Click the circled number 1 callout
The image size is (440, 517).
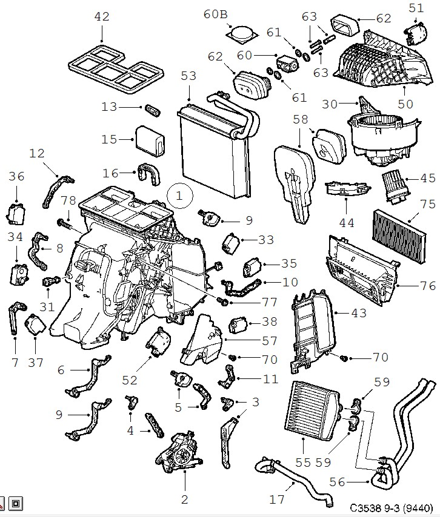click(179, 195)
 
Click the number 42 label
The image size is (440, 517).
click(102, 16)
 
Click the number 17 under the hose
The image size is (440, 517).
click(276, 499)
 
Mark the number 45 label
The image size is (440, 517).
click(428, 178)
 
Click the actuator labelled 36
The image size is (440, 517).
click(16, 212)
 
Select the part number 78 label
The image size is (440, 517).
click(68, 200)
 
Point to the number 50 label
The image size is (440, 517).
click(405, 104)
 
